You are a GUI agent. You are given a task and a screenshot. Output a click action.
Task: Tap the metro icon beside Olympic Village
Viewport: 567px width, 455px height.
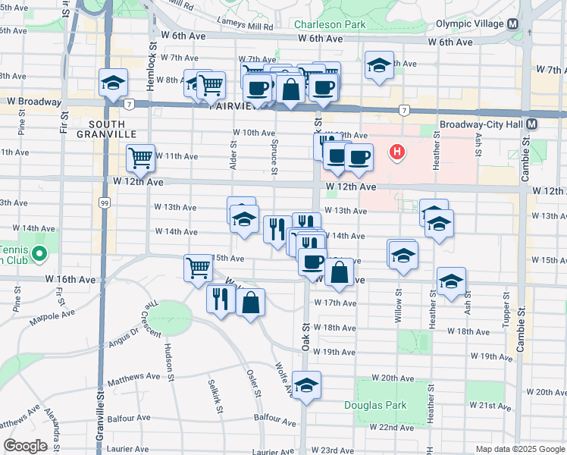click(x=513, y=24)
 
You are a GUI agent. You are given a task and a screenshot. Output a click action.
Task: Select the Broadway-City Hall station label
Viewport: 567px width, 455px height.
click(x=481, y=124)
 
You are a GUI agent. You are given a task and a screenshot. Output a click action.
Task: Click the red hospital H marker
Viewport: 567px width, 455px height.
click(x=396, y=152)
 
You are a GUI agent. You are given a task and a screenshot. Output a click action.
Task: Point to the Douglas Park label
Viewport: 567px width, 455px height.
click(x=375, y=405)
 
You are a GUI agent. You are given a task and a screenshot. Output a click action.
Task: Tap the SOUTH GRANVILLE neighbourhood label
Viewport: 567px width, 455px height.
click(x=111, y=128)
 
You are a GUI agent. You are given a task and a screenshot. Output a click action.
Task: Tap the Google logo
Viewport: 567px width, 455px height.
click(x=26, y=445)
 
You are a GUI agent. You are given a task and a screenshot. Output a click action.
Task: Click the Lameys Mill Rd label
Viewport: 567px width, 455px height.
click(x=244, y=25)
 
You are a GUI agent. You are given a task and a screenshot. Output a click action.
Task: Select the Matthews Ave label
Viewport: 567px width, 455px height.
click(x=133, y=375)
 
